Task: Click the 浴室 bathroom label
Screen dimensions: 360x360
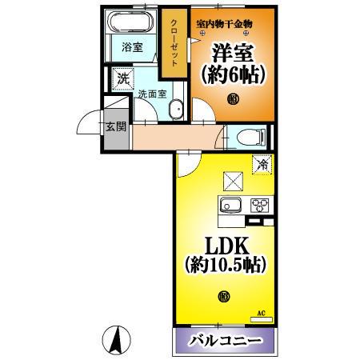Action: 132,48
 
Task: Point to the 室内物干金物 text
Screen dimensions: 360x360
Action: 224,23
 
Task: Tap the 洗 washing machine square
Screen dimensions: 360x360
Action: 122,78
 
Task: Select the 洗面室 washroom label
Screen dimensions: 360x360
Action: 151,94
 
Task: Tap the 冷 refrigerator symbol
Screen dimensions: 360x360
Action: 262,165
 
